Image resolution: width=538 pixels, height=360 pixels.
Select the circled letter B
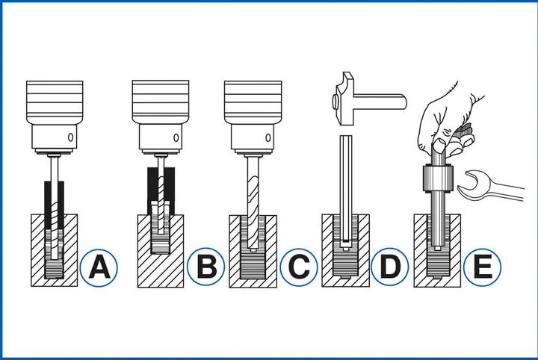pyautogui.click(x=203, y=267)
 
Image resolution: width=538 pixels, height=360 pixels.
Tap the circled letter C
pyautogui.click(x=297, y=267)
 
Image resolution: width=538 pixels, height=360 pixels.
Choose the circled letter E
pyautogui.click(x=480, y=267)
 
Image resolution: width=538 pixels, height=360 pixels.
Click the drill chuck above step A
pyautogui.click(x=52, y=112)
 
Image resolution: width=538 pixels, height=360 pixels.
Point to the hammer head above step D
pyautogui.click(x=345, y=93)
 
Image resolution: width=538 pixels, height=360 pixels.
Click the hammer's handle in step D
pyautogui.click(x=381, y=97)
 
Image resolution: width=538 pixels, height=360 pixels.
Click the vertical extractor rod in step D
pyautogui.click(x=344, y=187)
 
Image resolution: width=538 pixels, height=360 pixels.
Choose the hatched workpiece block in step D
pyautogui.click(x=329, y=254)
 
